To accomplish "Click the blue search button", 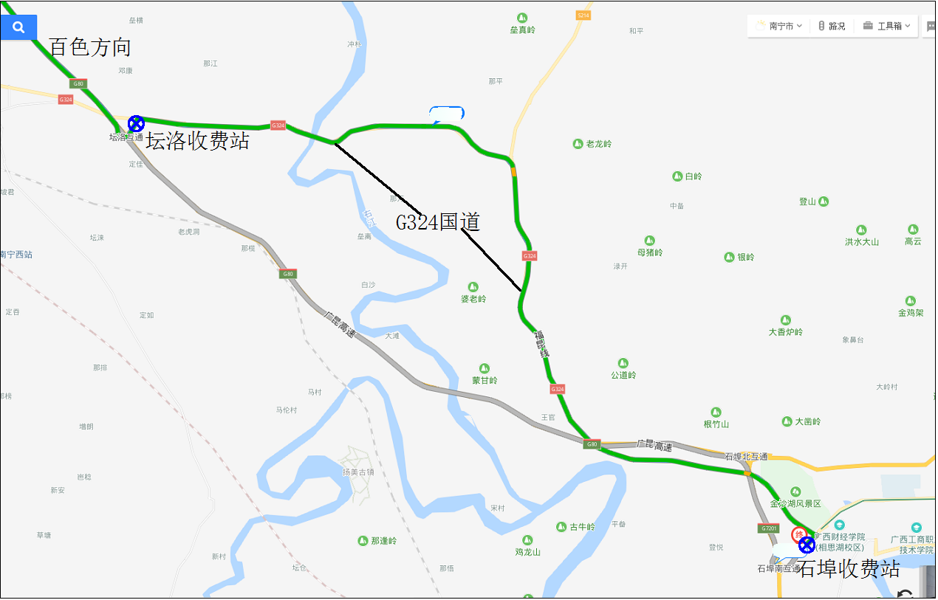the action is click(x=18, y=27).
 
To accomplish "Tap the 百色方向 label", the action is click(x=90, y=48).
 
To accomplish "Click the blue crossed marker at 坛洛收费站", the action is click(x=136, y=123).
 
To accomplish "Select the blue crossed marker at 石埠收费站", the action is click(x=807, y=545).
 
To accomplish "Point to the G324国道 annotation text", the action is click(x=438, y=222).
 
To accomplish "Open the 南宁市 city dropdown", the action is click(x=780, y=26).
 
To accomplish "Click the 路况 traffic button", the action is click(x=832, y=26).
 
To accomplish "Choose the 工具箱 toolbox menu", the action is click(x=886, y=26).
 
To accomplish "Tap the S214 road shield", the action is click(x=583, y=15).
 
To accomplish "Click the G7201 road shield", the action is click(x=768, y=528).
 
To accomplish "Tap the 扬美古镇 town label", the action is click(x=358, y=472).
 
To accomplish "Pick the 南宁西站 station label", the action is click(x=16, y=255).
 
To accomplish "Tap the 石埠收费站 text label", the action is click(x=849, y=569).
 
